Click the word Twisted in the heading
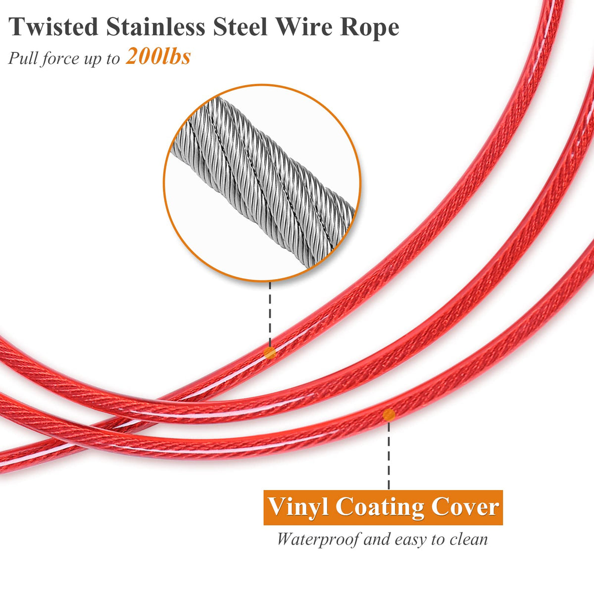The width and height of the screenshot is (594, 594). (53, 27)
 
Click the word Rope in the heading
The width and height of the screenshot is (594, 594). (369, 28)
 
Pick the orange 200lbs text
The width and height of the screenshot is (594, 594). (158, 57)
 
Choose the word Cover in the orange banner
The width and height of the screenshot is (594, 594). (464, 507)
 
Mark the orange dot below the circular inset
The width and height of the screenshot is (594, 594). (270, 353)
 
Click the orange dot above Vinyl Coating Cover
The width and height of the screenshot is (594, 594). (389, 415)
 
